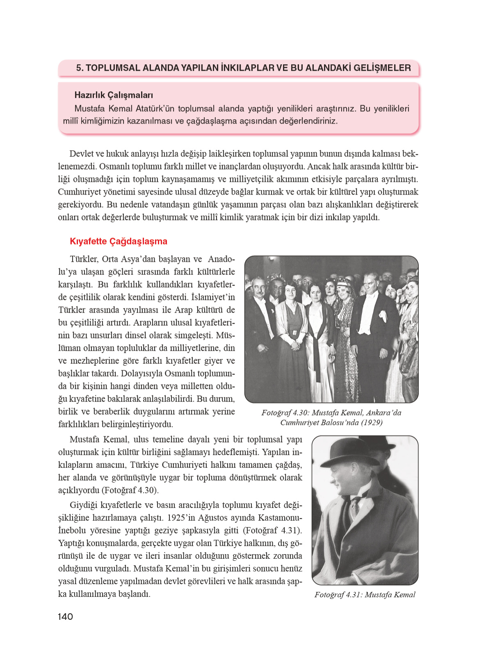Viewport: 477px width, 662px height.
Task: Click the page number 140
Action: [x=65, y=617]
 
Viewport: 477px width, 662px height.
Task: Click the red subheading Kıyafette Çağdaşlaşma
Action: [x=119, y=241]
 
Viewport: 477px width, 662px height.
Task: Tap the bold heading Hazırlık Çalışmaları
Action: [x=114, y=95]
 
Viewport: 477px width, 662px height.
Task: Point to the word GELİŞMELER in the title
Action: [x=382, y=68]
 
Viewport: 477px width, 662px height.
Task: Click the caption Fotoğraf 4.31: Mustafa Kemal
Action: [x=365, y=595]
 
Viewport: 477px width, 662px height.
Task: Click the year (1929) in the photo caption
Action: [x=372, y=422]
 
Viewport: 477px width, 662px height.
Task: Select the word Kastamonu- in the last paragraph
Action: [x=280, y=518]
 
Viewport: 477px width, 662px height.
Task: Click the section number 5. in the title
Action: [x=80, y=68]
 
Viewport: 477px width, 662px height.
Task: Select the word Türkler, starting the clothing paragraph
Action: [x=84, y=259]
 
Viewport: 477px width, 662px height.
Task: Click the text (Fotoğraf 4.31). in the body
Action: [x=272, y=531]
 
